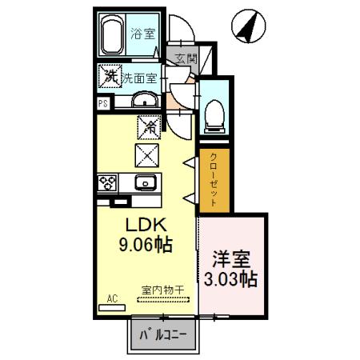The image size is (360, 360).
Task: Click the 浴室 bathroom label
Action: tap(145, 35)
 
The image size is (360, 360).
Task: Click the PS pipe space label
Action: tap(102, 103)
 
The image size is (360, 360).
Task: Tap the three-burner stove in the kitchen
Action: tap(106, 182)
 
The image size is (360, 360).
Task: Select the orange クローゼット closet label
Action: tap(213, 181)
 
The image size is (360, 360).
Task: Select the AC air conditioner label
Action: tap(112, 298)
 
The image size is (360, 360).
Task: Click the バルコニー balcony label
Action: tap(165, 334)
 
